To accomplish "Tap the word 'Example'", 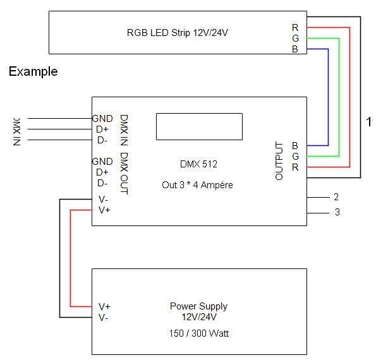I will point(33,72).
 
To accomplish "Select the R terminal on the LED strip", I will point(295,27).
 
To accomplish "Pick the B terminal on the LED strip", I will point(295,49).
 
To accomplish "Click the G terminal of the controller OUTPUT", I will point(295,156).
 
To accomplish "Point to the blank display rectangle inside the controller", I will point(200,126).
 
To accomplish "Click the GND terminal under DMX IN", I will point(102,118).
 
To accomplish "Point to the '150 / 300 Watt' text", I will point(199,333).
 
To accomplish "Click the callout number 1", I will point(369,123).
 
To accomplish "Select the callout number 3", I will point(337,212).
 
